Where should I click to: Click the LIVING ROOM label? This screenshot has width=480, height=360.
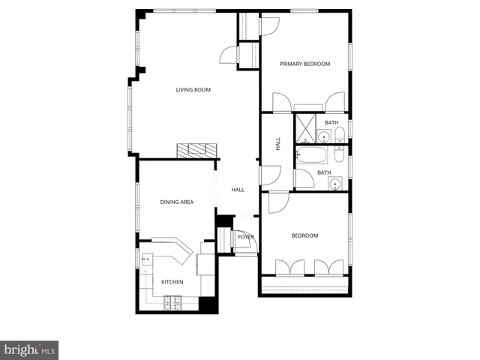[193, 90]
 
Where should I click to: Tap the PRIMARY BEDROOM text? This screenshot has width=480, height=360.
[304, 64]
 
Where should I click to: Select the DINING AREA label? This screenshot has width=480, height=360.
[177, 202]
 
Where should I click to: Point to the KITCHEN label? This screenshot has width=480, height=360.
[172, 281]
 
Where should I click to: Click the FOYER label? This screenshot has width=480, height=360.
[246, 237]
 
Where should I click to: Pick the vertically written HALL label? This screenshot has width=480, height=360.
[277, 143]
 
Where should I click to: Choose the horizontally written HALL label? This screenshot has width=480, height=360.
[238, 190]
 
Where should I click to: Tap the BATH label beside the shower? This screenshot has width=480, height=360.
[331, 122]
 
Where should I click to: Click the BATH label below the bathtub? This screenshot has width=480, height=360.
[324, 172]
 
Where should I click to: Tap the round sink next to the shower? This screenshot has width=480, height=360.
[324, 136]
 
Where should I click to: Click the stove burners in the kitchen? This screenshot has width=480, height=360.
[174, 302]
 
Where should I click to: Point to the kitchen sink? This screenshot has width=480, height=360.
[147, 262]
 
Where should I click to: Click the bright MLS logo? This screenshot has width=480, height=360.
[29, 349]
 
